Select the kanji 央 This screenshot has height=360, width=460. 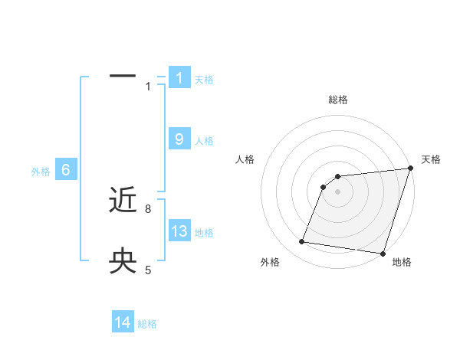click(x=123, y=261)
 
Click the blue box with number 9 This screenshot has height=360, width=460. click(x=179, y=139)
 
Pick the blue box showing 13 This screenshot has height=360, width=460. click(x=179, y=231)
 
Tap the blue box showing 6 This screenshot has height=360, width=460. click(x=66, y=170)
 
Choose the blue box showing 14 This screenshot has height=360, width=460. click(x=123, y=322)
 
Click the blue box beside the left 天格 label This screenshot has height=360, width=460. click(x=179, y=77)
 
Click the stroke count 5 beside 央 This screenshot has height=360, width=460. click(x=148, y=270)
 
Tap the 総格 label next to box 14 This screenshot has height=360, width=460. click(x=147, y=324)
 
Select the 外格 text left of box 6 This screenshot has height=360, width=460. click(x=41, y=172)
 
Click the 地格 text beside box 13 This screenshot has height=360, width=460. click(x=204, y=233)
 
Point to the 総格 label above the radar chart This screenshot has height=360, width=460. click(x=338, y=100)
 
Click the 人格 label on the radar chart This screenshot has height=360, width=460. click(x=245, y=159)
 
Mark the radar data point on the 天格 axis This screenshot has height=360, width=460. click(x=410, y=169)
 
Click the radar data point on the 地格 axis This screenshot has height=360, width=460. click(x=383, y=253)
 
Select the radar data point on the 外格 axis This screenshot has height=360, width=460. click(x=302, y=242)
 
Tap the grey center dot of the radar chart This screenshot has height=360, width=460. click(x=337, y=191)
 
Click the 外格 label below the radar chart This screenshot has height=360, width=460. click(x=270, y=262)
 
